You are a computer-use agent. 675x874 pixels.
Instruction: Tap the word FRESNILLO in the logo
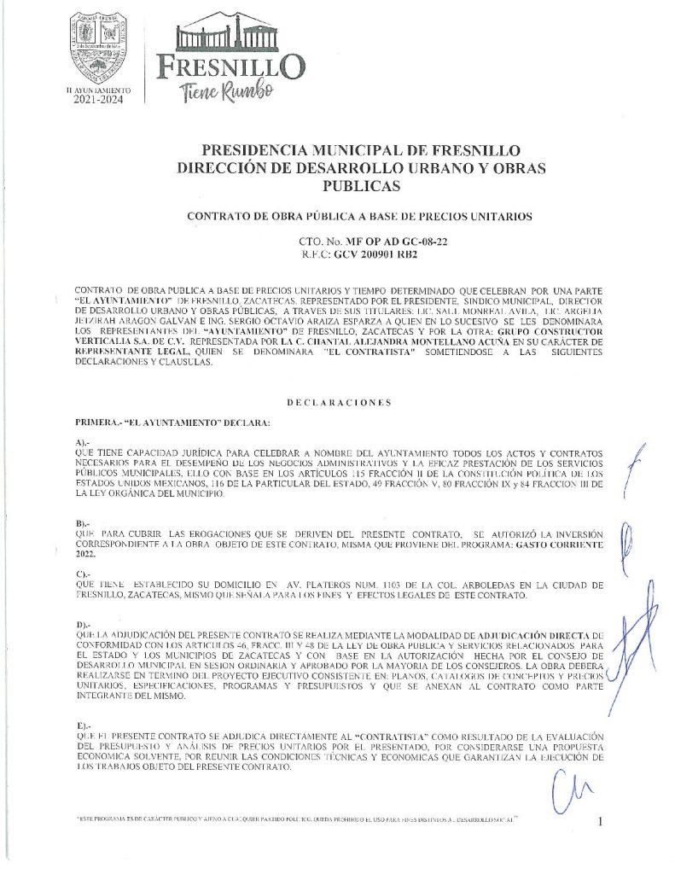coord(230,65)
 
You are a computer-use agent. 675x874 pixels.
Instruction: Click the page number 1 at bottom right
coord(602,821)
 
